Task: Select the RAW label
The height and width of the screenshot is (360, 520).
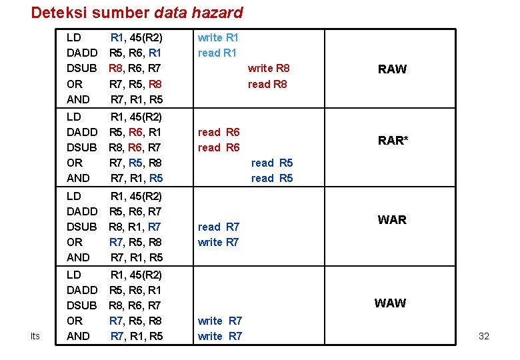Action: pyautogui.click(x=392, y=69)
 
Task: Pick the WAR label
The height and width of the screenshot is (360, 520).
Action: pyautogui.click(x=392, y=220)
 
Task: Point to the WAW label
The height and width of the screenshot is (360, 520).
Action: pyautogui.click(x=390, y=303)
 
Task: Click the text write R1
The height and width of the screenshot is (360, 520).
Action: pyautogui.click(x=218, y=38)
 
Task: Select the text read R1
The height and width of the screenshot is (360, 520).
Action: pyautogui.click(x=217, y=53)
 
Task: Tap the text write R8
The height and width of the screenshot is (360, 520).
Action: pyautogui.click(x=269, y=68)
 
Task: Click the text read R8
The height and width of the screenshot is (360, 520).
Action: pyautogui.click(x=267, y=84)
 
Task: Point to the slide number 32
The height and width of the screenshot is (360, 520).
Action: pyautogui.click(x=484, y=336)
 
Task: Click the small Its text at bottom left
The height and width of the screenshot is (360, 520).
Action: pyautogui.click(x=35, y=336)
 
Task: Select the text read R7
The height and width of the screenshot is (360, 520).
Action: pyautogui.click(x=219, y=227)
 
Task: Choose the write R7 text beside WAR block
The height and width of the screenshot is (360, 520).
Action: pyautogui.click(x=219, y=242)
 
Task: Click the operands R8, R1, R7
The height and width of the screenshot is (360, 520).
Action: pyautogui.click(x=135, y=227)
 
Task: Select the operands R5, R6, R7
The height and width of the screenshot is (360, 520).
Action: pyautogui.click(x=135, y=211)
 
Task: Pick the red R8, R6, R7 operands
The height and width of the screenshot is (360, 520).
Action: pyautogui.click(x=135, y=68)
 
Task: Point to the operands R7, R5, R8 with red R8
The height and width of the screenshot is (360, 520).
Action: pyautogui.click(x=135, y=84)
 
